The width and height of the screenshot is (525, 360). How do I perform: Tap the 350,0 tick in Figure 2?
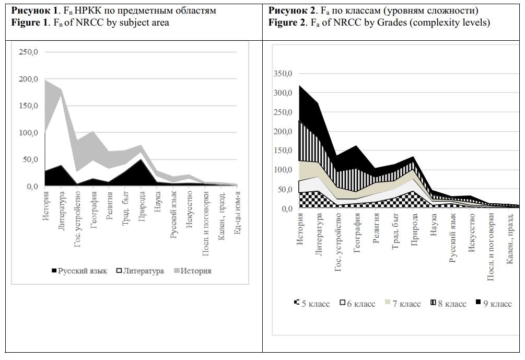coord(283,74)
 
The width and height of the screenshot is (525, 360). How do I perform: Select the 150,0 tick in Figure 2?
coord(283,151)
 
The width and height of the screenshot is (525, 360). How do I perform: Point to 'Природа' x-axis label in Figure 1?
coord(142,207)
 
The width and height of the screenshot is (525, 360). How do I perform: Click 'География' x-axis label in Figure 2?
coord(357,233)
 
